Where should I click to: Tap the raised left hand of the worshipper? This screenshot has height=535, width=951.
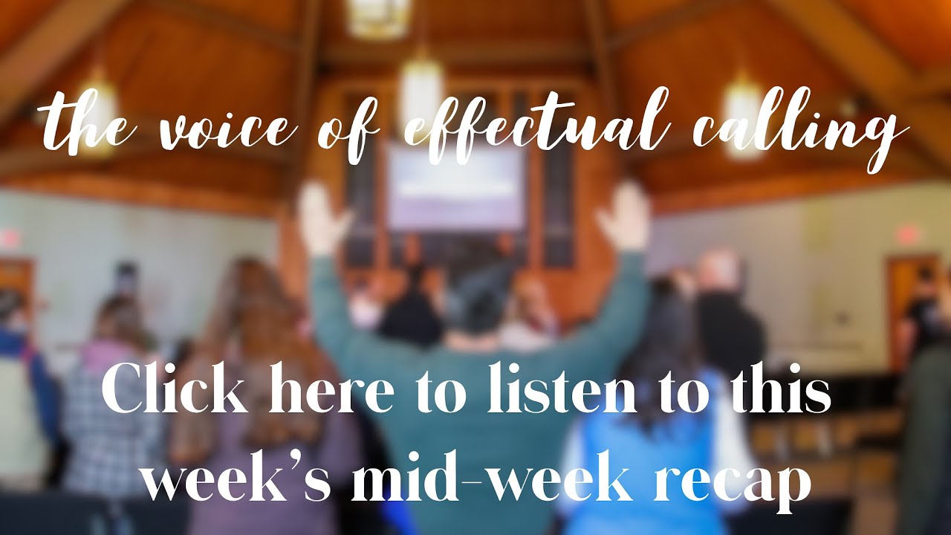click(323, 217)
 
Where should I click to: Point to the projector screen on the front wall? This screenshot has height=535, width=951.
click(455, 186)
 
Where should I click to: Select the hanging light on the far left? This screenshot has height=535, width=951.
click(97, 111)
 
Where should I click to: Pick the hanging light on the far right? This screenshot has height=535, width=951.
click(743, 111)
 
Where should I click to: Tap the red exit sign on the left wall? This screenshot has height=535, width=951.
click(9, 239)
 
